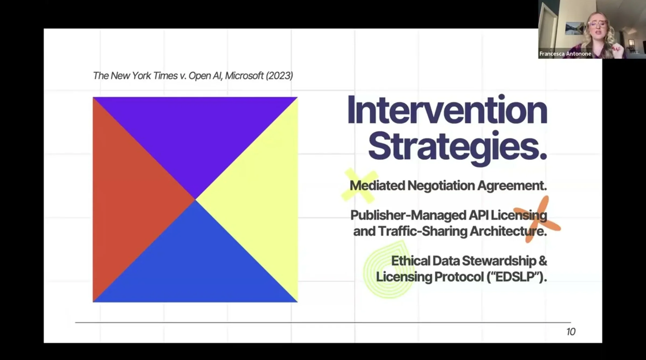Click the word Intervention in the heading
(447, 111)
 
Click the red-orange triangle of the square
(129, 199)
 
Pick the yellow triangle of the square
(259, 199)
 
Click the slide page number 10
(571, 332)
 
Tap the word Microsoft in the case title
(244, 76)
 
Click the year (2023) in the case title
(279, 76)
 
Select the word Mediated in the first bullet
(377, 186)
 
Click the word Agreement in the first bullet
(512, 186)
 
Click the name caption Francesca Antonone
(565, 54)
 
